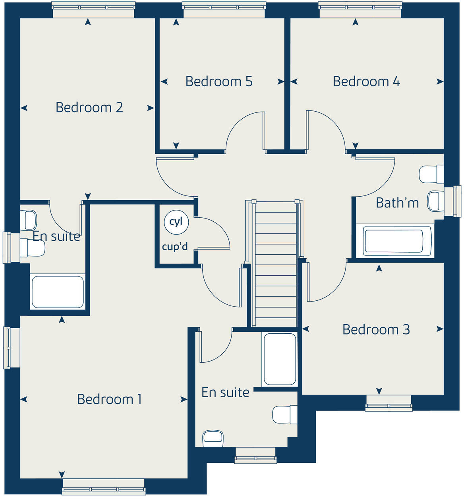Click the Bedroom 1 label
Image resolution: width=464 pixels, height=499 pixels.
tap(109, 399)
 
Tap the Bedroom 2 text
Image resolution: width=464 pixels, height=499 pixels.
tap(89, 107)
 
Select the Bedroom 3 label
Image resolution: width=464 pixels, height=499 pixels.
tap(376, 329)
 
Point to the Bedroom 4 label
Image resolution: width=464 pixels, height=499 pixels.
tap(366, 81)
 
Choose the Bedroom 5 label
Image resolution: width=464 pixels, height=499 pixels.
tap(218, 81)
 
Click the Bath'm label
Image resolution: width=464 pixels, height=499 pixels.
tap(397, 203)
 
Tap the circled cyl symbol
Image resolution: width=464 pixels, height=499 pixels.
tap(176, 222)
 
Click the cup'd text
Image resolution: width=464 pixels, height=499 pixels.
tap(175, 247)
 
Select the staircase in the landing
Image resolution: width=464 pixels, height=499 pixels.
tap(276, 264)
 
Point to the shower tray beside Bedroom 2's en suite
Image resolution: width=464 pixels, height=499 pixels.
tap(58, 292)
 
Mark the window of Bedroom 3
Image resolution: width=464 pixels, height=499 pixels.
tap(389, 403)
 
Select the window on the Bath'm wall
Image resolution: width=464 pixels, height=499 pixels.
tap(452, 201)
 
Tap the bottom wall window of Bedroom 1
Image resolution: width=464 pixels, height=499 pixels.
tap(104, 487)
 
